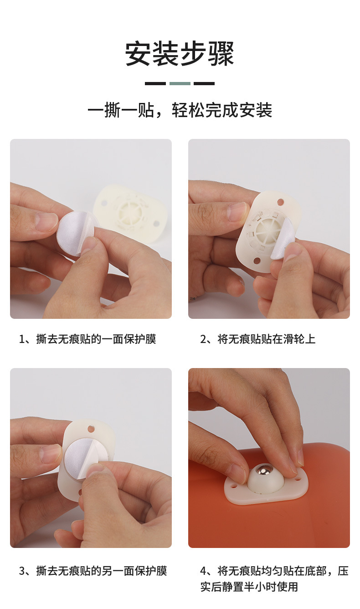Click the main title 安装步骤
(180, 54)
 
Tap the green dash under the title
(180, 83)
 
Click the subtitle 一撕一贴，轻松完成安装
(180, 110)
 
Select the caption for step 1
(87, 339)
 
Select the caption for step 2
(257, 339)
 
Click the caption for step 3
(93, 571)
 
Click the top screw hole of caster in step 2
(281, 201)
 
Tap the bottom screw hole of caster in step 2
(257, 261)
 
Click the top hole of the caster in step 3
(91, 429)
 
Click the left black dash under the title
(155, 83)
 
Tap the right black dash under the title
(204, 83)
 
